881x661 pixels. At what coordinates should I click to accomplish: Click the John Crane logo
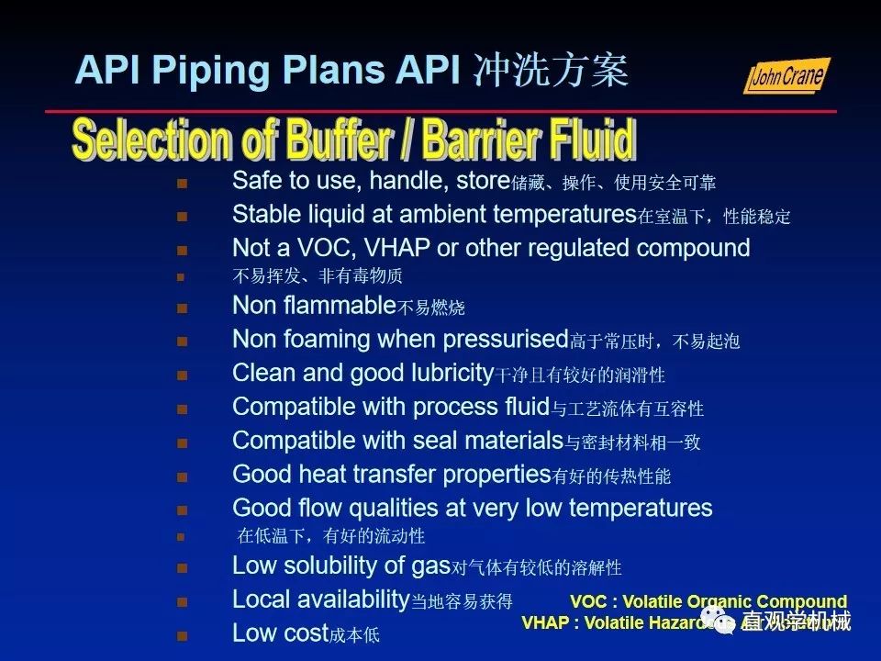point(786,76)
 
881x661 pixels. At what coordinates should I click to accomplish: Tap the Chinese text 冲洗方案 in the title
point(551,70)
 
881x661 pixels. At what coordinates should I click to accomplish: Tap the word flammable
point(339,305)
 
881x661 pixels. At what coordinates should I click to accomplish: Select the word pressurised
point(506,339)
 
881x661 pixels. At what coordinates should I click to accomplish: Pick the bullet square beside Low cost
point(182,634)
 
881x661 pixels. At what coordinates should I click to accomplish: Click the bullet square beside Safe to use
point(182,183)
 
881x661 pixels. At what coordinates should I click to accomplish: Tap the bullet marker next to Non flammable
point(182,308)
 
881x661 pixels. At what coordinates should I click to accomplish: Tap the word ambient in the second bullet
point(442,215)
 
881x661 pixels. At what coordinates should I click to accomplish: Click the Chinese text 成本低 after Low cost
point(354,635)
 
